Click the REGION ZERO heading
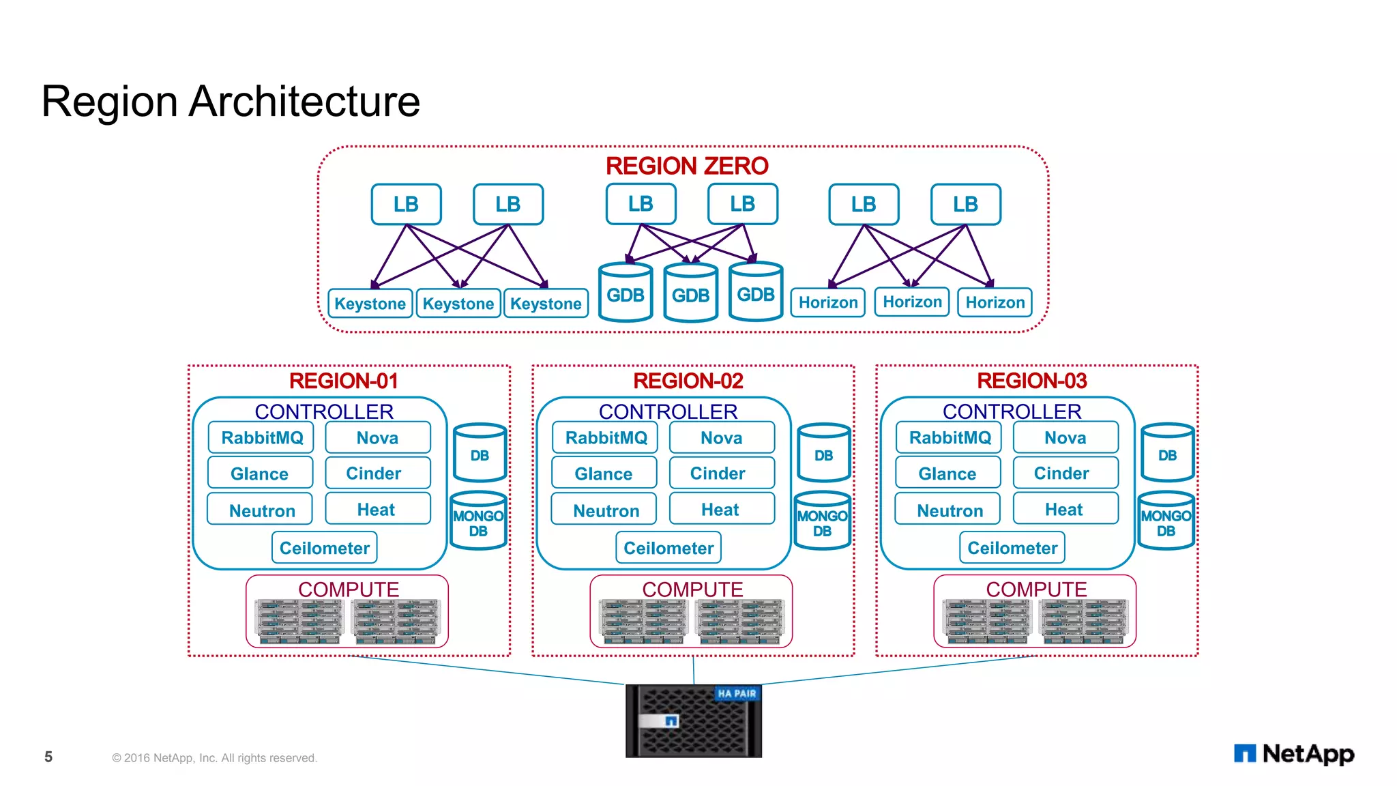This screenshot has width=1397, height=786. click(x=686, y=166)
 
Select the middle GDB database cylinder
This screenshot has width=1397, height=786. click(x=690, y=294)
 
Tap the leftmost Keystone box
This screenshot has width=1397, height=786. click(x=370, y=304)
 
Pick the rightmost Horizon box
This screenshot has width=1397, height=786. click(x=995, y=302)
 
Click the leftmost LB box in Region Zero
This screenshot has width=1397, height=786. click(x=406, y=204)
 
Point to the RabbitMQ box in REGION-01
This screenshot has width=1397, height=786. click(x=261, y=438)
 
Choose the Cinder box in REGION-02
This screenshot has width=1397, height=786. click(x=721, y=473)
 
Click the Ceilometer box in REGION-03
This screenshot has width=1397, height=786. click(x=1012, y=548)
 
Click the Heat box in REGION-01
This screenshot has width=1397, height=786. click(x=377, y=509)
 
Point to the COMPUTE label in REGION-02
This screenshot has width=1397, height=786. click(x=692, y=588)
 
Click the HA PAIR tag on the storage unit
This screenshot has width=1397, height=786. click(x=737, y=693)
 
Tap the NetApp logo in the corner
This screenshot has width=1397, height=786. click(x=1293, y=753)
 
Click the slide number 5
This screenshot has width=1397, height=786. click(x=48, y=757)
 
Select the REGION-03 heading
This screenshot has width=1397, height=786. click(x=1031, y=381)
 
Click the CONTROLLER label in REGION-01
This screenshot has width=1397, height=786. click(x=324, y=411)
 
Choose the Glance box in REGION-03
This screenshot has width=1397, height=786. click(x=947, y=474)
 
